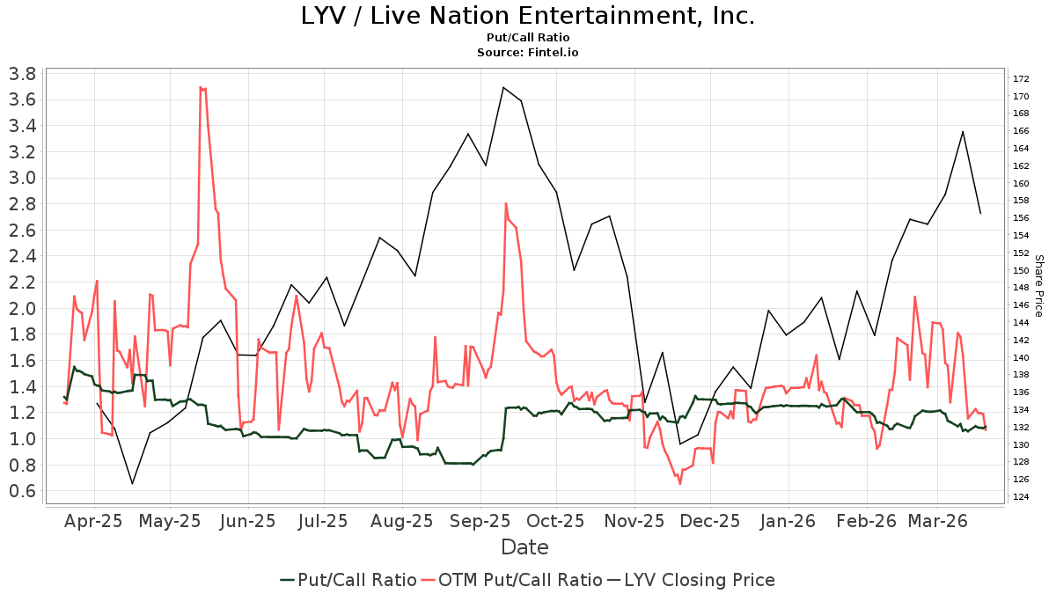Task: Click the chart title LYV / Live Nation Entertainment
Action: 528,16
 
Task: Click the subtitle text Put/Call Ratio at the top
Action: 528,38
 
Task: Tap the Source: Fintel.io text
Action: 528,53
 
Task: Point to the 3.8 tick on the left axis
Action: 21,73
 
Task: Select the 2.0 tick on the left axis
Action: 21,308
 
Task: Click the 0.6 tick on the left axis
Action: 21,491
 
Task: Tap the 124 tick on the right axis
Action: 1020,497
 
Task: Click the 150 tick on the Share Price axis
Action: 1020,270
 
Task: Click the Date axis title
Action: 524,547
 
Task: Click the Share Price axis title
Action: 1038,286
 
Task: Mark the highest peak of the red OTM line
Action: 201,87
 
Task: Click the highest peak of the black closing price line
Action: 502,87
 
